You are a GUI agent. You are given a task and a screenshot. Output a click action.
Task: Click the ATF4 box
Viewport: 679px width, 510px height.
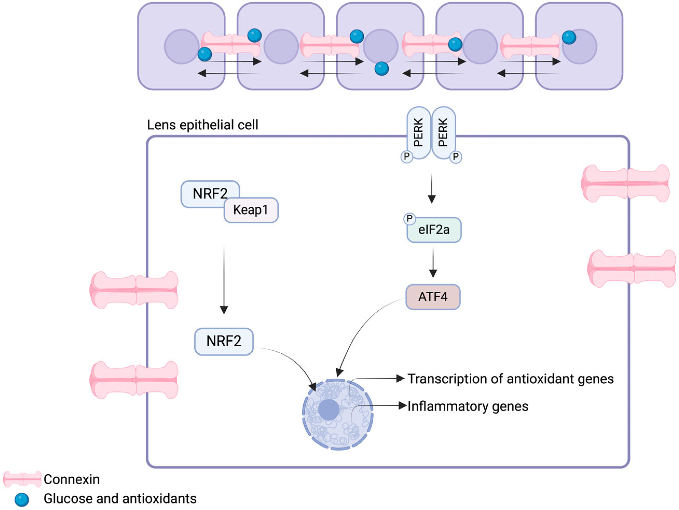(433, 297)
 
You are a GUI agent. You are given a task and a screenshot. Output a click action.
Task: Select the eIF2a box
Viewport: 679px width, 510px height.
(434, 230)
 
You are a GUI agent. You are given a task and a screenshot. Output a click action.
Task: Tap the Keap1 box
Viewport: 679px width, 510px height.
(251, 210)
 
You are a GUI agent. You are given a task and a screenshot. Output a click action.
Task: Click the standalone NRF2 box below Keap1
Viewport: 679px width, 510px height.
(224, 342)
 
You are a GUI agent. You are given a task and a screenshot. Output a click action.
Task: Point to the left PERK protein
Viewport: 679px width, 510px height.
(419, 133)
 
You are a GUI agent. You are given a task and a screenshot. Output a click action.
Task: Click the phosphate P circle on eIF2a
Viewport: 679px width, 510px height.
(409, 219)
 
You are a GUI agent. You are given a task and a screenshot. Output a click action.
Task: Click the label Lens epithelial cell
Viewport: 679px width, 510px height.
(203, 125)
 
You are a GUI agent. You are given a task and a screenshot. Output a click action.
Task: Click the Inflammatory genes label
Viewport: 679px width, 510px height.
(468, 406)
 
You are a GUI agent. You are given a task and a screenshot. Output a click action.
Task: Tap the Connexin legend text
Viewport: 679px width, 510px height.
(72, 479)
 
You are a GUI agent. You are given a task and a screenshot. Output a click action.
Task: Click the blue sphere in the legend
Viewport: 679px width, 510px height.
(22, 500)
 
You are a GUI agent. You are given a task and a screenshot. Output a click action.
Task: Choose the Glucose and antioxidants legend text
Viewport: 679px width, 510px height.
(120, 499)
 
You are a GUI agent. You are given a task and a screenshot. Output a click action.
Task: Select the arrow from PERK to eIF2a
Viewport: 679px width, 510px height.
(432, 188)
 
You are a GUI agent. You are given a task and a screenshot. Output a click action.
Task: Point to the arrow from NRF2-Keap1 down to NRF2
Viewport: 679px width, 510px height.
(224, 280)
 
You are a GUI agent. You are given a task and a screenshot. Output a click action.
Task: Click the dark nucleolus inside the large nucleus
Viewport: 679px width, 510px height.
(329, 410)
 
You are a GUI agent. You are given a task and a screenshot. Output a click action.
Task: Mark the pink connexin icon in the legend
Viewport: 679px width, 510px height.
(22, 479)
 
